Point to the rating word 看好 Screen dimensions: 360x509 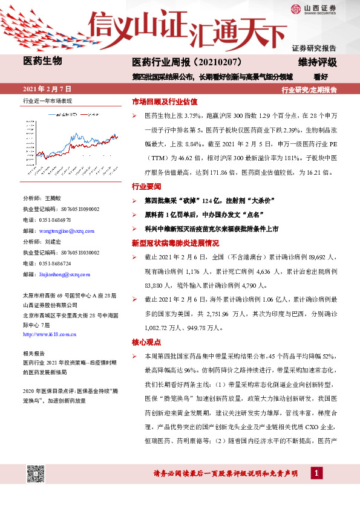321,77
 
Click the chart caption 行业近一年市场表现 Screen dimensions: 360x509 47,100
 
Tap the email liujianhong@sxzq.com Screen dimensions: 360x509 60,274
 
